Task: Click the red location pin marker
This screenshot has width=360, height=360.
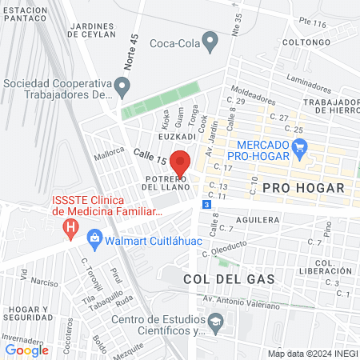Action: [x=180, y=162]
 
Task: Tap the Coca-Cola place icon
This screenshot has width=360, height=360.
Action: [x=210, y=42]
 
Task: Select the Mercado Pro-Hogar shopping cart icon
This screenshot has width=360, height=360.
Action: [x=300, y=146]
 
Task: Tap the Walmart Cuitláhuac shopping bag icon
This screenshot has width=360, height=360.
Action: [x=95, y=238]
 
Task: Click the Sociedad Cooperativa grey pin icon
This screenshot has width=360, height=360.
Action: [x=122, y=85]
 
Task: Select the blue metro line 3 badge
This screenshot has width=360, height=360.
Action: [x=207, y=205]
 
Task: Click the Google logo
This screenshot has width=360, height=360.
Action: [x=26, y=350]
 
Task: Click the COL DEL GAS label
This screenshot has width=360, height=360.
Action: [x=229, y=279]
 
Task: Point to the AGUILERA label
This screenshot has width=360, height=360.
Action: [x=257, y=218]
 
